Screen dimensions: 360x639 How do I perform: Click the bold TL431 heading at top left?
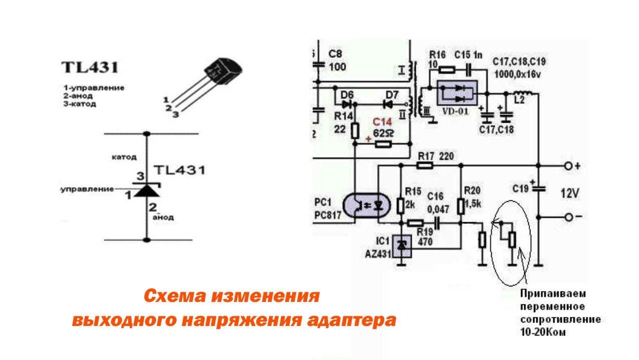[x=90, y=68]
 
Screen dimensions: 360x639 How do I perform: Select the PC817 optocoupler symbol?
[x=368, y=205]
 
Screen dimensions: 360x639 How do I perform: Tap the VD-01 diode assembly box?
[x=455, y=93]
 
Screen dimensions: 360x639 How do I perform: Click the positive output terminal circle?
[x=568, y=165]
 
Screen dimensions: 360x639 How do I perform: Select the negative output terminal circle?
[x=568, y=217]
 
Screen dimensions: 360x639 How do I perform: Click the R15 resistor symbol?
[x=401, y=205]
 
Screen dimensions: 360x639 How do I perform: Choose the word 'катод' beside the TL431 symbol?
[x=124, y=157]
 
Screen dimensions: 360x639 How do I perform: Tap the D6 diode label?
[x=347, y=94]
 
